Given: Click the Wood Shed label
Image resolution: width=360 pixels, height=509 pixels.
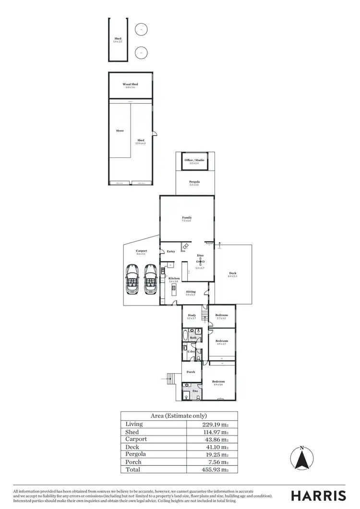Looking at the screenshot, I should (x=130, y=84).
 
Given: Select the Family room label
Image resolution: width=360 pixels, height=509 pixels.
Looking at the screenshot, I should (x=187, y=218).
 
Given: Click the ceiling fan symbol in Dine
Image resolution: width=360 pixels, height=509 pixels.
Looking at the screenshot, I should (x=200, y=261).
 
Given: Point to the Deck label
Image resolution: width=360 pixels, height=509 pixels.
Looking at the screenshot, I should (x=233, y=273).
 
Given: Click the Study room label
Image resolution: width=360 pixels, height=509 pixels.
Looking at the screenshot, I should (x=192, y=315).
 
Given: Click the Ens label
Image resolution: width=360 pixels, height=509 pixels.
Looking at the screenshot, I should (x=195, y=391).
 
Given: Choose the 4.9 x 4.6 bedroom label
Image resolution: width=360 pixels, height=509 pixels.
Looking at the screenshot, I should (x=218, y=382).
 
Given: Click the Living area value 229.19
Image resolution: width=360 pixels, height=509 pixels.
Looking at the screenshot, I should (x=214, y=425).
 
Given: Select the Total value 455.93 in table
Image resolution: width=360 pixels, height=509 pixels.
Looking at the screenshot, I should (x=214, y=470).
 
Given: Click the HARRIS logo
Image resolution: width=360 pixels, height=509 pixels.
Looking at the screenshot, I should (x=319, y=496).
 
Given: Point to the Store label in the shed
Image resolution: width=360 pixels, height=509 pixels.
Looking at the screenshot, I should (x=120, y=130).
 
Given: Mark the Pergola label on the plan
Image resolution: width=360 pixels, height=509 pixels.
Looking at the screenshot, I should (x=194, y=182).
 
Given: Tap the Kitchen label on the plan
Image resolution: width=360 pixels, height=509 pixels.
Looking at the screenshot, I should (x=174, y=278).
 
